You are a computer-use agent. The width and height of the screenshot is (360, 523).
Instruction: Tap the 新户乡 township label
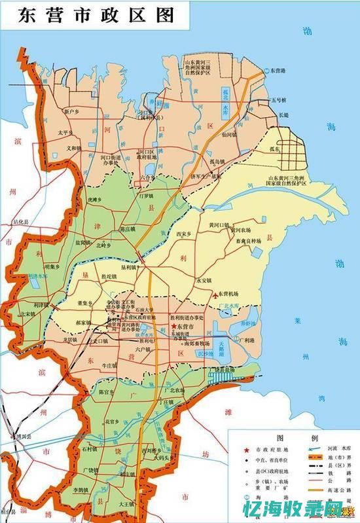[73, 113]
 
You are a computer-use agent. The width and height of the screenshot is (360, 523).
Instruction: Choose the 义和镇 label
[72, 148]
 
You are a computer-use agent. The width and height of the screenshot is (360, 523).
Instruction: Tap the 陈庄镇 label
[131, 229]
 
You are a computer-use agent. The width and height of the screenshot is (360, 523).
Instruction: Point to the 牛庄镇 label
[126, 365]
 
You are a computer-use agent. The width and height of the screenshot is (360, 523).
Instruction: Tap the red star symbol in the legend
[246, 450]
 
